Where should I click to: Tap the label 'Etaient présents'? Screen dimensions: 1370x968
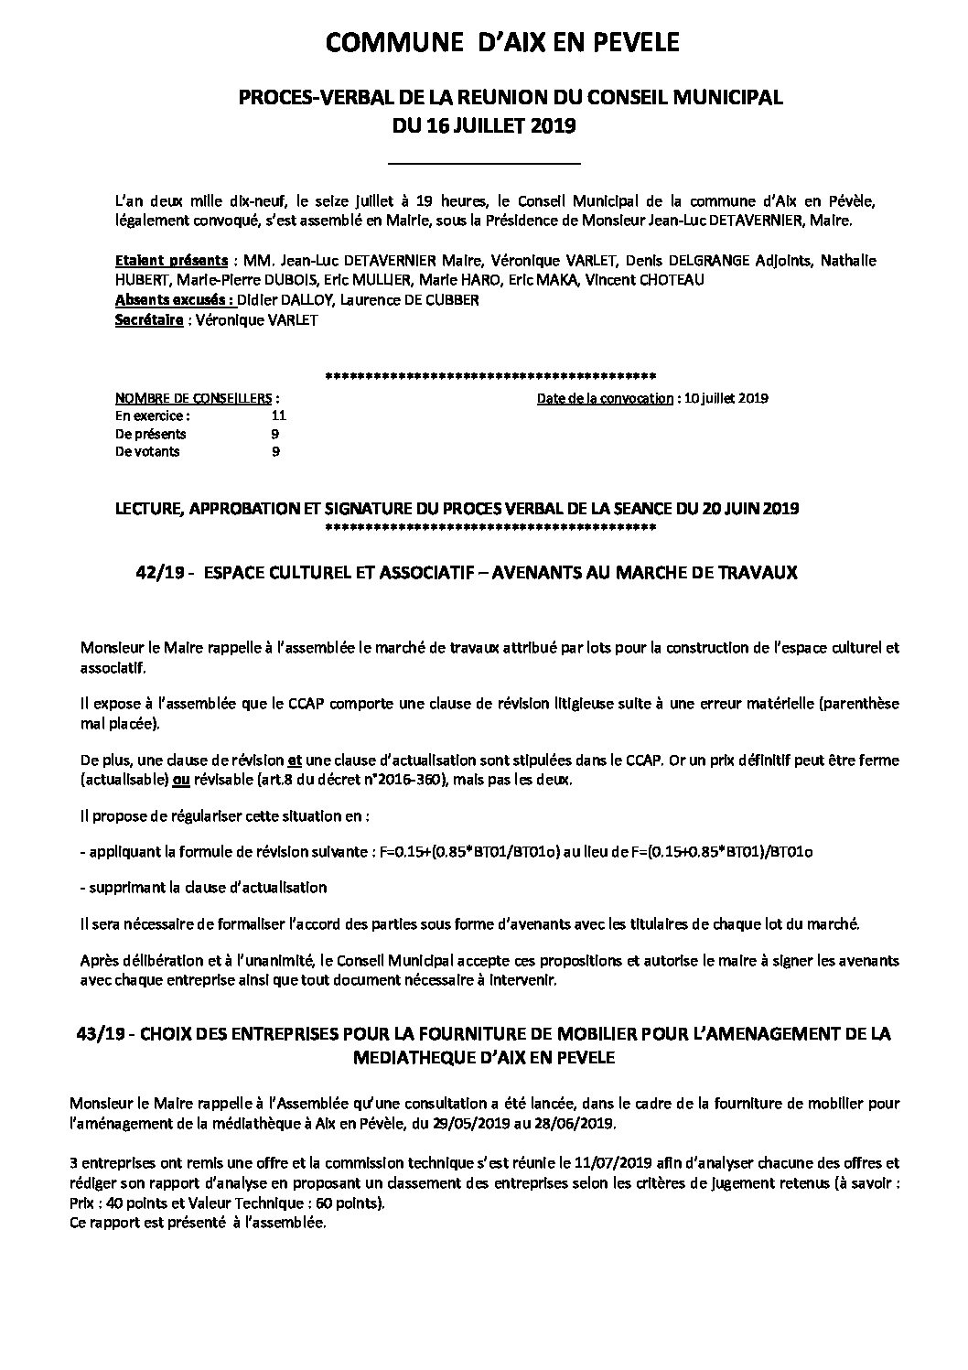[171, 261]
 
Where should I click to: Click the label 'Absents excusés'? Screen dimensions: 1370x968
[173, 300]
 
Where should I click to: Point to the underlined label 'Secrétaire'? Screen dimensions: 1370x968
[149, 320]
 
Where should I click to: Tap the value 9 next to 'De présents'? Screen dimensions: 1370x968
[275, 434]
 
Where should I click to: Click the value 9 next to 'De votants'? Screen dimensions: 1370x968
[275, 451]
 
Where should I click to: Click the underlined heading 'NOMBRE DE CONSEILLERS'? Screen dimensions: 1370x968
[194, 399]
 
